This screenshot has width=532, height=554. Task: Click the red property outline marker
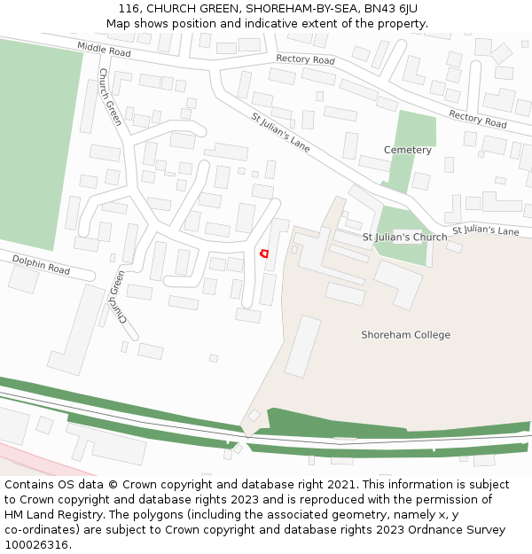coord(263,254)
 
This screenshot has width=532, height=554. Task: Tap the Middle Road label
coord(104,49)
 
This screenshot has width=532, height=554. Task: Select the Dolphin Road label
coord(41,263)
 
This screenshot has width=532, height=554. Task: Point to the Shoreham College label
coord(405,335)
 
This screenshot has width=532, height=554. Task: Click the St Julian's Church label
coord(405,238)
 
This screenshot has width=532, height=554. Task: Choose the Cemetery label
coord(407,150)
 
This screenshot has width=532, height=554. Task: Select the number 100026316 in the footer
coord(37,544)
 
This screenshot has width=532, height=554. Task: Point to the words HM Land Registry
coord(47,514)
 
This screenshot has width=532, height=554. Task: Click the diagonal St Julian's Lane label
coord(280,132)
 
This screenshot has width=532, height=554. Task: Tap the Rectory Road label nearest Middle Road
coord(305,59)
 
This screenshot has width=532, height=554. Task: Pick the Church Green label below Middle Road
coord(110,97)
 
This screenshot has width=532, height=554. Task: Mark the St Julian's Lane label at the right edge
coord(485,230)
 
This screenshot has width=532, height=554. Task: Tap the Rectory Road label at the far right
coord(477,119)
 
